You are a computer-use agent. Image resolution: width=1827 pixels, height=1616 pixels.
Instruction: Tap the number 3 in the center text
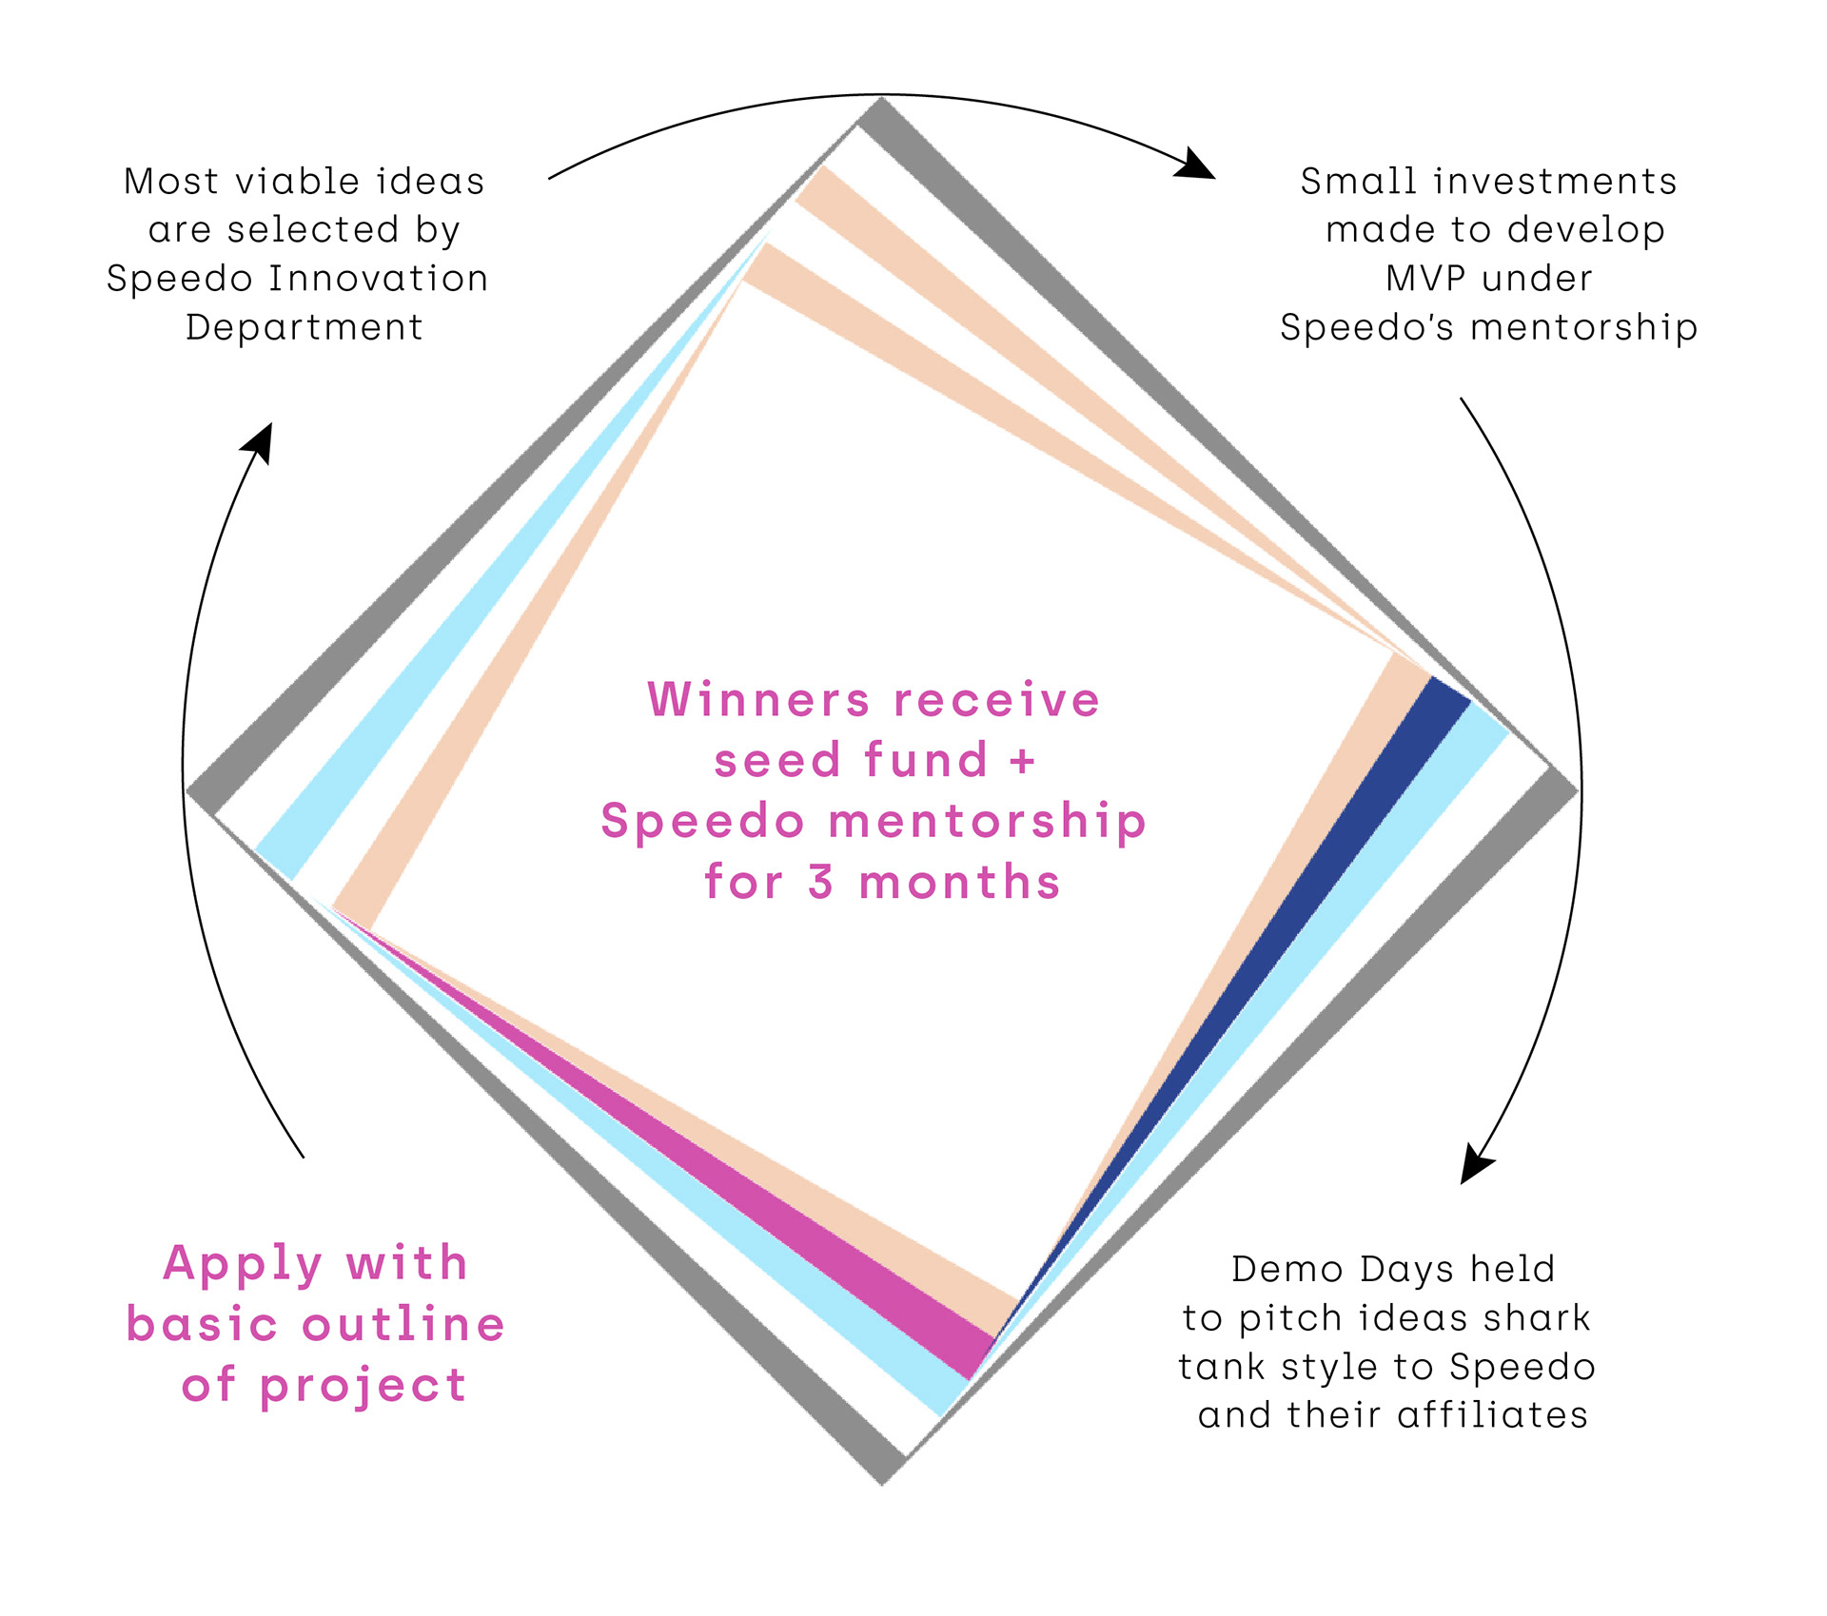(x=821, y=882)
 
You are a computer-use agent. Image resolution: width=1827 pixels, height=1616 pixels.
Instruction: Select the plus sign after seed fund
(x=1022, y=761)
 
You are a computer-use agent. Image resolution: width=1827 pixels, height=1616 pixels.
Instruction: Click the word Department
(x=304, y=327)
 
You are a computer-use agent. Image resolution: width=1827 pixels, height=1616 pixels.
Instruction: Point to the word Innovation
(x=378, y=279)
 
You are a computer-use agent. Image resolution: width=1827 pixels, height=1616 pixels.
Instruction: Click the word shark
(x=1537, y=1318)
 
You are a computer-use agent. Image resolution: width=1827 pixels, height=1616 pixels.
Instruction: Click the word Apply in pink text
(x=243, y=1265)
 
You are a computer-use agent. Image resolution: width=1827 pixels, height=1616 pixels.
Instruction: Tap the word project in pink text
(x=363, y=1386)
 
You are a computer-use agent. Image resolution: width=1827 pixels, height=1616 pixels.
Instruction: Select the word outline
(x=403, y=1325)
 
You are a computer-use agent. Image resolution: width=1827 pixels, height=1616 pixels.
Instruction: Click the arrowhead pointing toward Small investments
(x=1197, y=165)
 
